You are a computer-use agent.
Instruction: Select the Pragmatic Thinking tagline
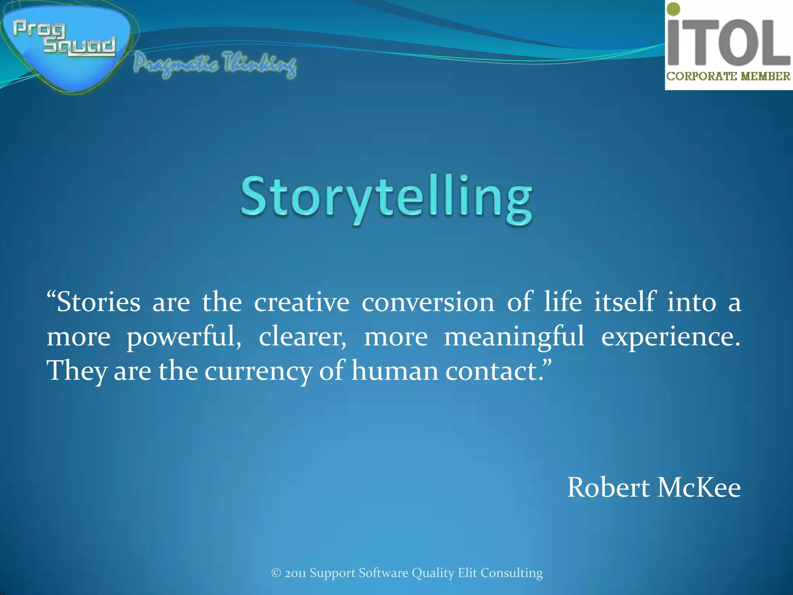point(215,64)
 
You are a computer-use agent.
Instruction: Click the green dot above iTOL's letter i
point(674,9)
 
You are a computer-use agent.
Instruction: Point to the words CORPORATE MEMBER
point(728,76)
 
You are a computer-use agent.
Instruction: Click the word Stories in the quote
point(98,302)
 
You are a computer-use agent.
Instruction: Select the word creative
point(302,302)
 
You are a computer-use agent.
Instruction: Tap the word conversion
point(428,302)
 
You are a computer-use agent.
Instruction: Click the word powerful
point(184,336)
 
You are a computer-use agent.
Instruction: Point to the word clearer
point(302,336)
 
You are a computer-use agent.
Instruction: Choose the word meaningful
point(514,336)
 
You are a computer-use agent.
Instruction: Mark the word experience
point(670,336)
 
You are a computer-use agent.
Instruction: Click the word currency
point(258,371)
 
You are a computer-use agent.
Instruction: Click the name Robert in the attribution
point(608,487)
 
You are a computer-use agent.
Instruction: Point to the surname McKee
point(699,487)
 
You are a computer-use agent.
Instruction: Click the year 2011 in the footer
point(295,573)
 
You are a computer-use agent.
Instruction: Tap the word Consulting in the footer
point(512,573)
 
